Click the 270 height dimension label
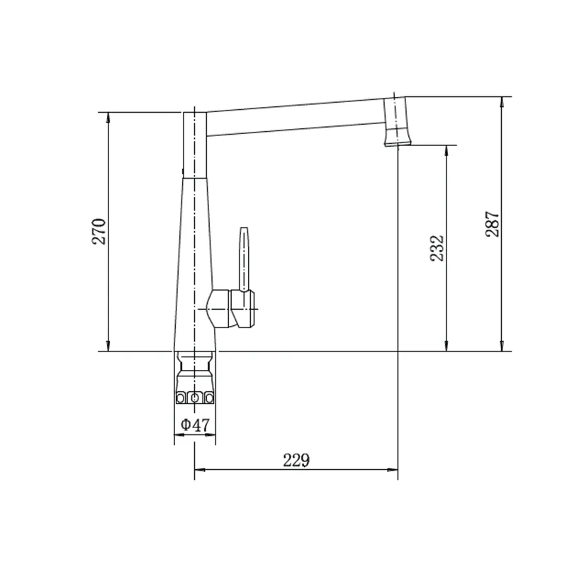pos(99,232)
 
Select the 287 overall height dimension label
pos(493,224)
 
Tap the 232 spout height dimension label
pos(437,248)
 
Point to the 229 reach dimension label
pos(296,460)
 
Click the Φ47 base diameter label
pos(196,425)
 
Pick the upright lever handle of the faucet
pos(245,259)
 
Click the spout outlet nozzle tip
pos(397,143)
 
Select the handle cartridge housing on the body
pos(230,308)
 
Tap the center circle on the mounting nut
pos(194,398)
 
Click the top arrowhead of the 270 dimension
pos(108,117)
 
